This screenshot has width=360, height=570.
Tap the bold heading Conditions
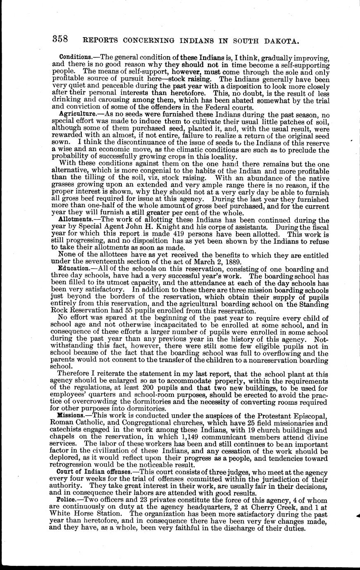tap(73, 56)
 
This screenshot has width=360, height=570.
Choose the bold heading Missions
tap(71, 415)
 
